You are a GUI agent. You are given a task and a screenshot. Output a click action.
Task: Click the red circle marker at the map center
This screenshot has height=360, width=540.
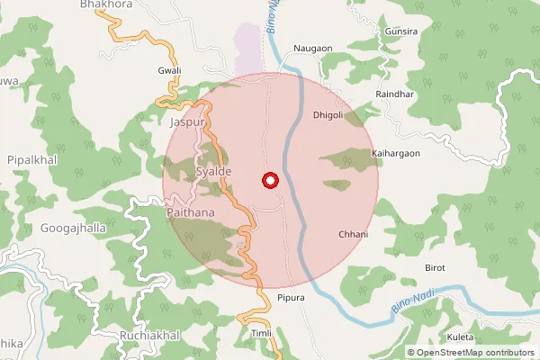click(x=269, y=181)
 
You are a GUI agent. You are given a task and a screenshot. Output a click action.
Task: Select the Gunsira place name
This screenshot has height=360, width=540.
click(x=400, y=31)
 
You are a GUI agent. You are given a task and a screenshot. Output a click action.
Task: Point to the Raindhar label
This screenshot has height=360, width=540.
click(x=395, y=94)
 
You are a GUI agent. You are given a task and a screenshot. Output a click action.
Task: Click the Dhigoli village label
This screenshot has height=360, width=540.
click(x=328, y=114)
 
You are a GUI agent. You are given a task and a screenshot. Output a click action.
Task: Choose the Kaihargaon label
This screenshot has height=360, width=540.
click(x=395, y=154)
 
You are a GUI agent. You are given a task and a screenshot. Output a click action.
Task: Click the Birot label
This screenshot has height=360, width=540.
click(x=435, y=268)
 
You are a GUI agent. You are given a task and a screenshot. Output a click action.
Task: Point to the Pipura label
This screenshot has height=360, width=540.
click(x=292, y=298)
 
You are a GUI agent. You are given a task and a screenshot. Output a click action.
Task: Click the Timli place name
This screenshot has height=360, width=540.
click(x=261, y=333)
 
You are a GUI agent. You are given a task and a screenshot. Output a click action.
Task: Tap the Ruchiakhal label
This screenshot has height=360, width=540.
click(x=149, y=335)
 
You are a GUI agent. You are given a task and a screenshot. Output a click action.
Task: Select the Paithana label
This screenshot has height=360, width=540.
click(x=192, y=212)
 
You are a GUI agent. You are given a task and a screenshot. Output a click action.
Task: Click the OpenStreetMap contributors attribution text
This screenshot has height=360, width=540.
click(x=476, y=353)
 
